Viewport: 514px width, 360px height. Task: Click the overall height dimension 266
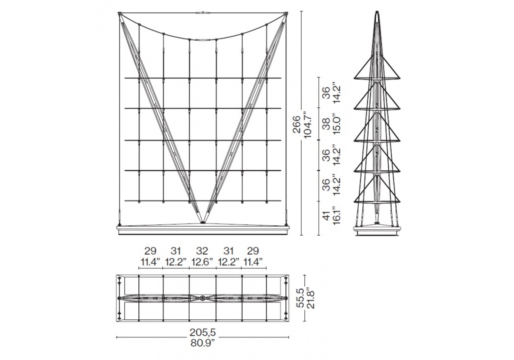[x=297, y=124]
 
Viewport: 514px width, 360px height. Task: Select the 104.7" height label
[x=308, y=124]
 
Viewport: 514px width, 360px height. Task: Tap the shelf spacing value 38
[x=326, y=124]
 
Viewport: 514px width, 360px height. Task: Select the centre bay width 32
[x=202, y=251]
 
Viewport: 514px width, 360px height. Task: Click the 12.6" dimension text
[x=202, y=262]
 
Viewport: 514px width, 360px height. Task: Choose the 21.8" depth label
[x=310, y=298]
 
